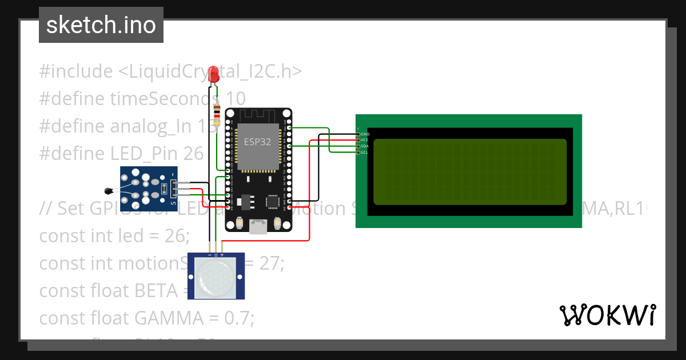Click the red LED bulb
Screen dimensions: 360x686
[x=214, y=74]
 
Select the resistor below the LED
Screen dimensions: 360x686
[x=217, y=115]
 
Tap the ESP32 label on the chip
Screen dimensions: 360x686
[x=258, y=142]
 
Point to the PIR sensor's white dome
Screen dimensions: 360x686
[x=216, y=277]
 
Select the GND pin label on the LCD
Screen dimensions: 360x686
[x=365, y=134]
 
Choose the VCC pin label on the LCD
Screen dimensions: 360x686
[x=365, y=140]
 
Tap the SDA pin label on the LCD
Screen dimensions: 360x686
[x=365, y=146]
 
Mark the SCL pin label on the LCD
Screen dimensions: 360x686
[x=365, y=153]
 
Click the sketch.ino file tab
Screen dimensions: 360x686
[x=101, y=25]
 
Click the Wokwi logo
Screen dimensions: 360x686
[x=607, y=315]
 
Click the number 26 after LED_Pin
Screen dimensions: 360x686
[x=194, y=153]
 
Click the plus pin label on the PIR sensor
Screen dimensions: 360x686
[x=222, y=255]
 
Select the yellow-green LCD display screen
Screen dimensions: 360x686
[x=470, y=171]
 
